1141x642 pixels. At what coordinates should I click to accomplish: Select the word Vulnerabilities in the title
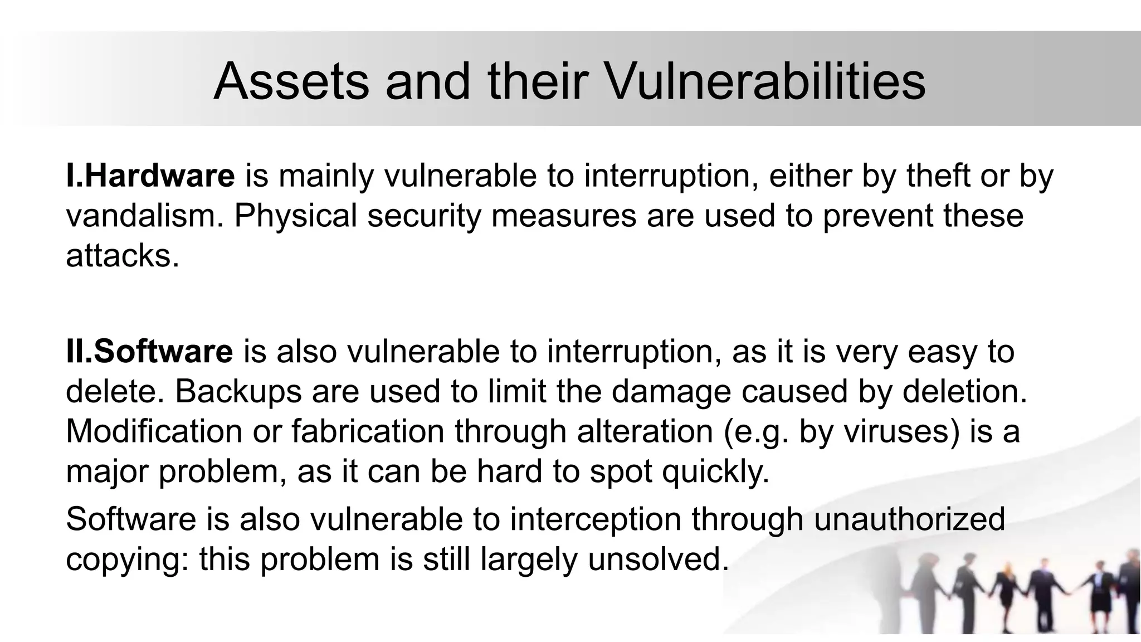click(764, 82)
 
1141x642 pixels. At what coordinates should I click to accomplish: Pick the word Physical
click(295, 216)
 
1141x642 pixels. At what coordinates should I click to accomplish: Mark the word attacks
click(123, 256)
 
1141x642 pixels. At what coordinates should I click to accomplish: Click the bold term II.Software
click(149, 352)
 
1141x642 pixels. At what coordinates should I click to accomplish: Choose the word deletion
click(964, 391)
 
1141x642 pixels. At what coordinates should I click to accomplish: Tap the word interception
click(595, 519)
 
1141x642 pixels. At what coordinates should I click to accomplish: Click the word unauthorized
click(909, 519)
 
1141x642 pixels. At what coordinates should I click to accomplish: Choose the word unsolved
click(658, 559)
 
